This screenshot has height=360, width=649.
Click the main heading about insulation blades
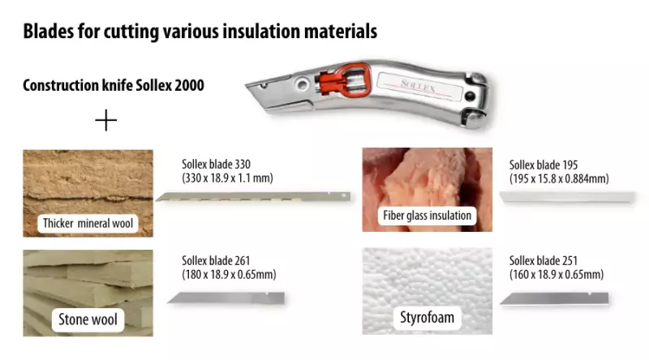[200, 32]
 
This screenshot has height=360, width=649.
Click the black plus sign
[106, 121]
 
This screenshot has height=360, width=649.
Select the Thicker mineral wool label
[88, 222]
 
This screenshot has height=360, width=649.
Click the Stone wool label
[88, 319]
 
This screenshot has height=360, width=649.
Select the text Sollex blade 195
[544, 165]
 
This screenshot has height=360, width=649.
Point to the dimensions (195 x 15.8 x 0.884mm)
[559, 178]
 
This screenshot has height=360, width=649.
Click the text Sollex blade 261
[217, 260]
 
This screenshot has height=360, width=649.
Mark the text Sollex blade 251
[544, 260]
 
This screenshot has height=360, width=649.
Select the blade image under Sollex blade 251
[553, 298]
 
